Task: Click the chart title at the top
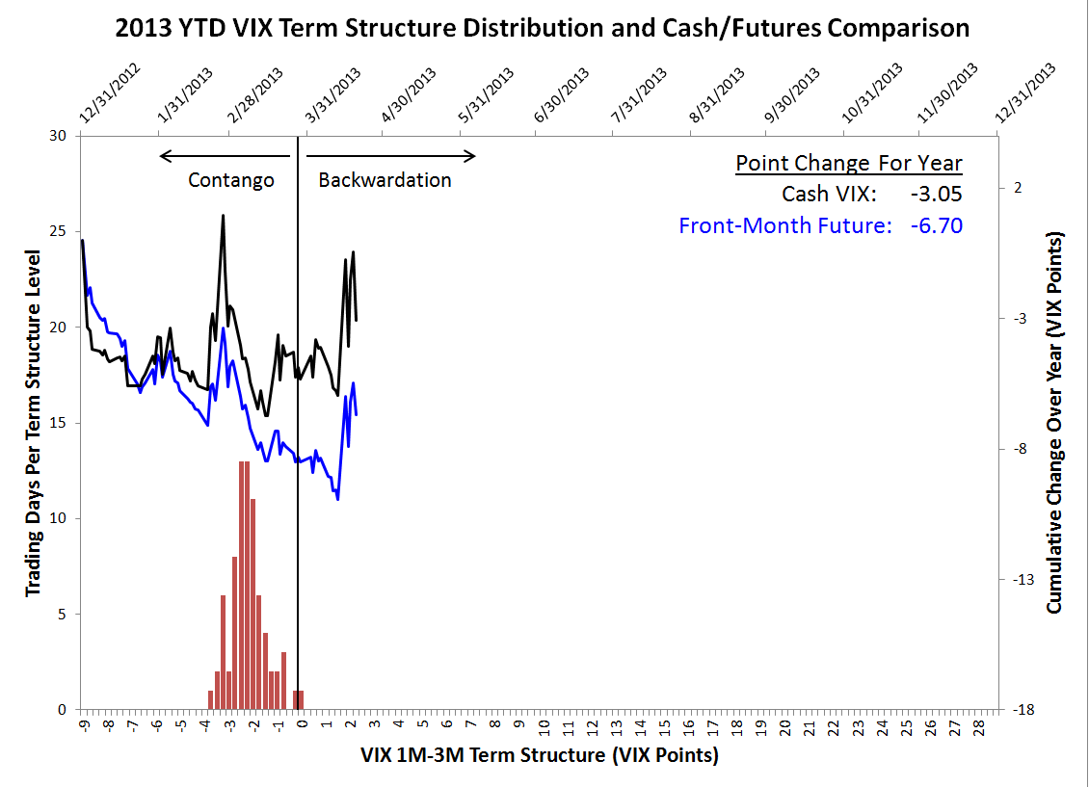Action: tap(543, 27)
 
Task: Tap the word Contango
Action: tap(231, 180)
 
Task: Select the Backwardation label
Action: tap(385, 180)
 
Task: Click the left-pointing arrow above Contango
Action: tap(225, 156)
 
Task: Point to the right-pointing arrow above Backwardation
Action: tap(386, 156)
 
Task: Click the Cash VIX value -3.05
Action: tap(936, 194)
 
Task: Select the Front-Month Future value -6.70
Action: tap(936, 225)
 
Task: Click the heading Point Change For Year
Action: tap(849, 163)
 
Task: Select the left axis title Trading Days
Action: tap(33, 422)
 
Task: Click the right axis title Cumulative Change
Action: tap(1055, 422)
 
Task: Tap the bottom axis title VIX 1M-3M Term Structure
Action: tap(540, 755)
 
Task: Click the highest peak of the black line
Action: tap(223, 216)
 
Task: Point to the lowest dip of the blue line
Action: tap(337, 498)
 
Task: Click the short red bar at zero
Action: tap(299, 699)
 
